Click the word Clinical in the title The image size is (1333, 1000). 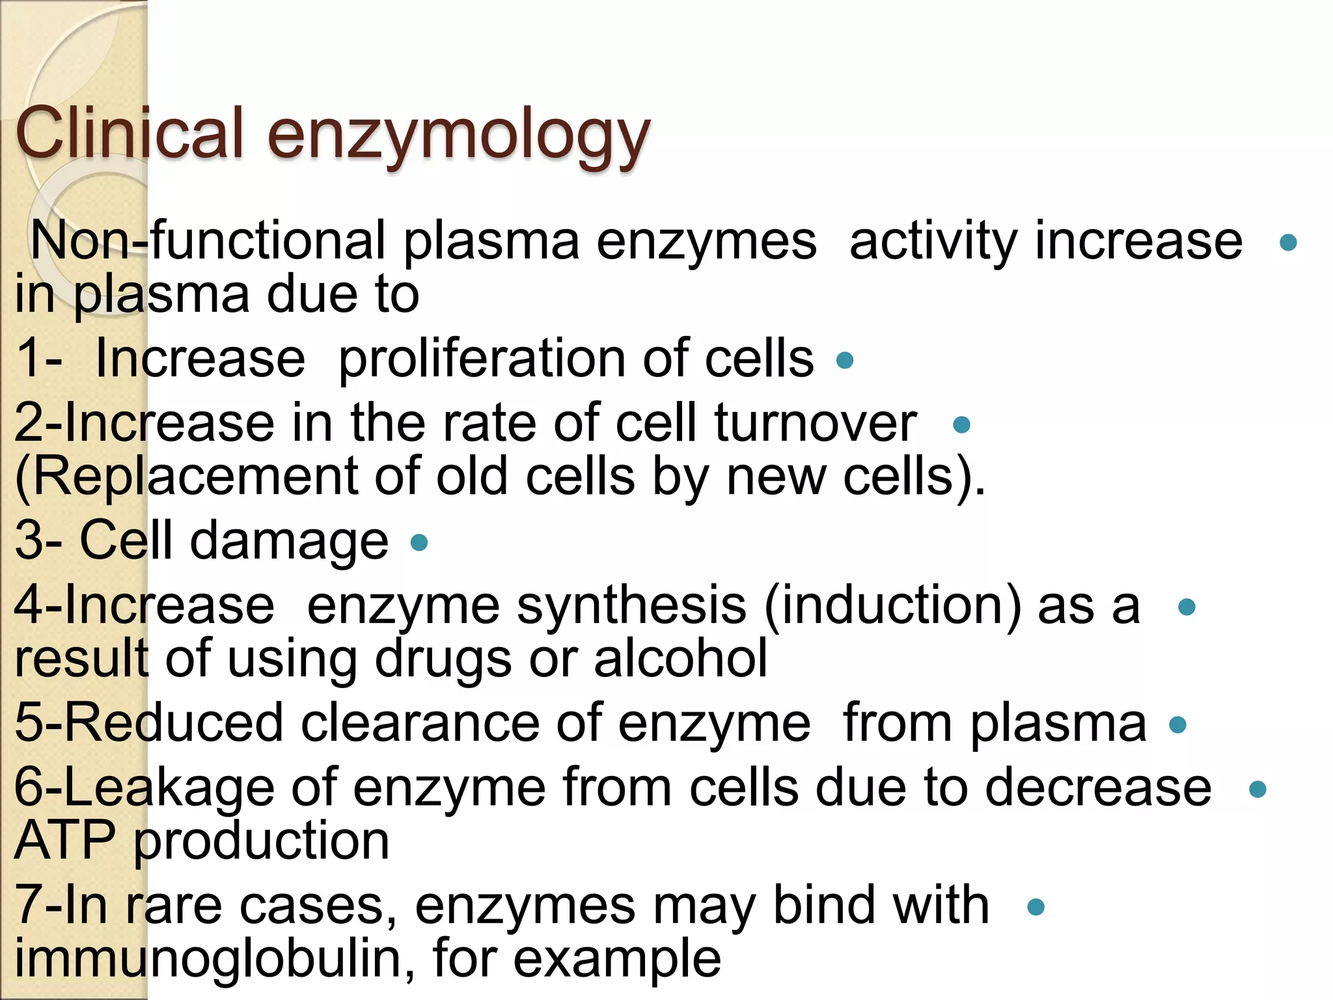coord(129,133)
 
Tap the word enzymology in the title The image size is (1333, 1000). coord(458,137)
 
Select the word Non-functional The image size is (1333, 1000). coord(208,241)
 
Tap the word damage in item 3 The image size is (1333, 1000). coord(289,542)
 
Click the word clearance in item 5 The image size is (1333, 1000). coord(420,724)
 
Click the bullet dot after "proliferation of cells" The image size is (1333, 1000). coord(845,360)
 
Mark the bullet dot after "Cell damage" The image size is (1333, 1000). coord(420,542)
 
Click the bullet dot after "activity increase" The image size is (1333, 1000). coord(1288,243)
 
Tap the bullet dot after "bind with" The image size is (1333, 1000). coord(1036,907)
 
